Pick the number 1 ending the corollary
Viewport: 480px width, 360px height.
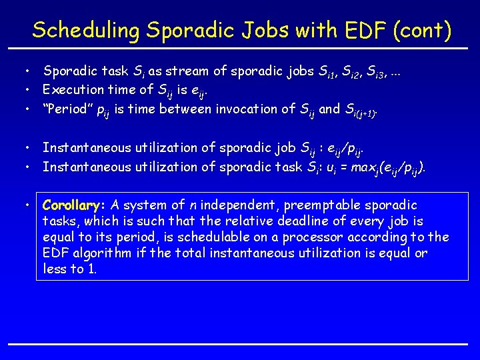[95, 269]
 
